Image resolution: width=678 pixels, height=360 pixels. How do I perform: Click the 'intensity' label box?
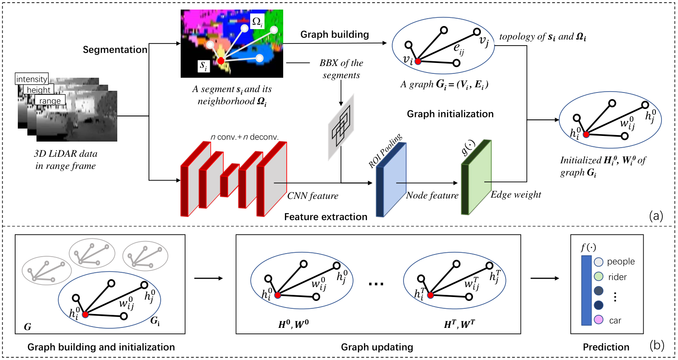coord(32,79)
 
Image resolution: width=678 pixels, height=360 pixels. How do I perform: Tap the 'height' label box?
coord(39,90)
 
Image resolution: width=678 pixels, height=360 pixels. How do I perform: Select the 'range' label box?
coord(50,100)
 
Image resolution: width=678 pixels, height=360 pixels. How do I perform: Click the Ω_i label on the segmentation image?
coord(257,21)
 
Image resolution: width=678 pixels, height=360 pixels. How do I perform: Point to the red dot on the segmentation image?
coord(221,61)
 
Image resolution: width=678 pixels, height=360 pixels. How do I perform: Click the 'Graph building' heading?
coord(334,34)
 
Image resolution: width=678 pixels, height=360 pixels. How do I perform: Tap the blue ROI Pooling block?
coord(391,180)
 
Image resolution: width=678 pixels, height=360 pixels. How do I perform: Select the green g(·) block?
coord(476,177)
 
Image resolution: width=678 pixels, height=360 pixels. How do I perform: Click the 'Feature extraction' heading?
coord(326,217)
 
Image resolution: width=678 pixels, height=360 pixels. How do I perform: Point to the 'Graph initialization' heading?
coord(450,114)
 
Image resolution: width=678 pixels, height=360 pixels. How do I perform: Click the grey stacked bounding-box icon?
coord(341,127)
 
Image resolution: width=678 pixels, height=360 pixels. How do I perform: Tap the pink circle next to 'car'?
coord(599,320)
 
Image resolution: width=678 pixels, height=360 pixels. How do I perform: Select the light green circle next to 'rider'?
coord(599,277)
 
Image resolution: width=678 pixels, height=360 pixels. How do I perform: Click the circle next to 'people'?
coord(599,262)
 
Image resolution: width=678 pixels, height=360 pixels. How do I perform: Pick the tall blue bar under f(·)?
coord(586,291)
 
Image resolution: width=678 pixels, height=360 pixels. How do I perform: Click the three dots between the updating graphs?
coord(376,284)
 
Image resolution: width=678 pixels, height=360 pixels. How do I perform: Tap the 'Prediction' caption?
coord(606,347)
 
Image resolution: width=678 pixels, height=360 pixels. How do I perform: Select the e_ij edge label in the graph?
coord(459,50)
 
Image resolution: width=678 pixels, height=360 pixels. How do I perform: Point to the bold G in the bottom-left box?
coord(27,327)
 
